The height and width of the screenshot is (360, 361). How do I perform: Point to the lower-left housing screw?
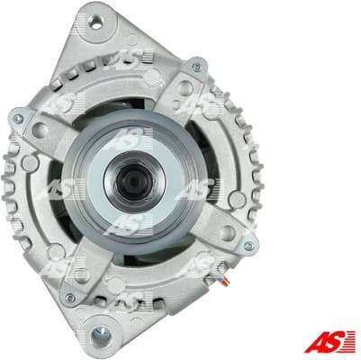pos(69,298)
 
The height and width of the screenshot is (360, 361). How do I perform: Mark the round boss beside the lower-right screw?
pos(227,232)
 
